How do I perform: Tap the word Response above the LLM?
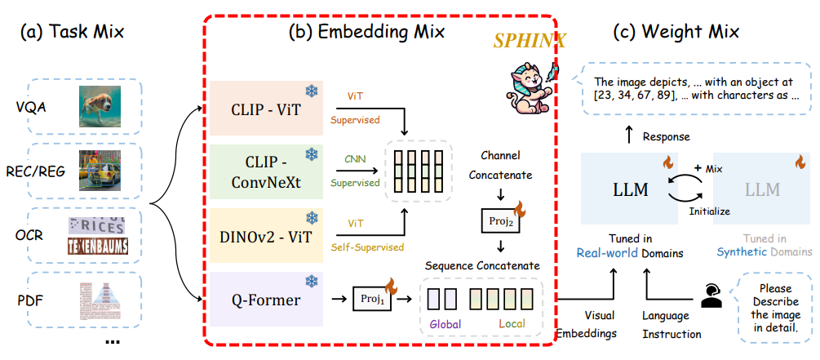pos(666,136)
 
